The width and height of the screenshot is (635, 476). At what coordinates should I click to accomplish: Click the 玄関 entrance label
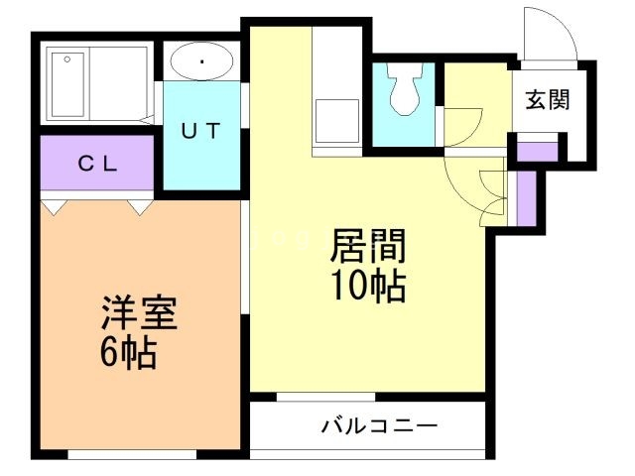(x=547, y=99)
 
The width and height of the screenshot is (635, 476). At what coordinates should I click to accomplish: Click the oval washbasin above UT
(x=202, y=62)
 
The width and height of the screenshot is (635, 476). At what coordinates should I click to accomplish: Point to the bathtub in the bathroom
(x=70, y=85)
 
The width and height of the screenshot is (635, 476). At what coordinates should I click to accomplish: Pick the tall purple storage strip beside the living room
(x=525, y=198)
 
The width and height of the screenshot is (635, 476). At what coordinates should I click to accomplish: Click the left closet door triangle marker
(x=55, y=206)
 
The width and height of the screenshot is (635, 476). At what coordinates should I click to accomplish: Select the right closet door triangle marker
(x=140, y=206)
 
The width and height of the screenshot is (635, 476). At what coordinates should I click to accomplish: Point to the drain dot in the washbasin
(x=202, y=62)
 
